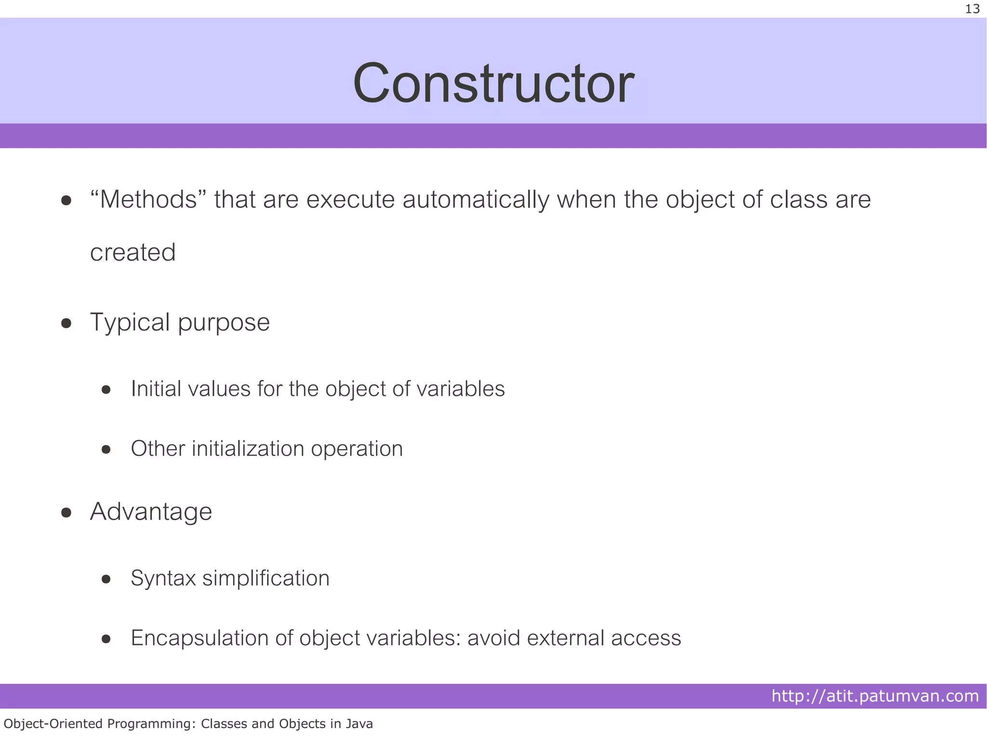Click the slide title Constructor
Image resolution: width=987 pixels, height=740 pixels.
[x=493, y=83]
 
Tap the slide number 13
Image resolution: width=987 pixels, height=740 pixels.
[x=972, y=9]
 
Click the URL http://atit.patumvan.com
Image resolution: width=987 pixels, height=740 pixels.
[x=875, y=696]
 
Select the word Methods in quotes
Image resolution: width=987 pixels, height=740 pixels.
[x=148, y=200]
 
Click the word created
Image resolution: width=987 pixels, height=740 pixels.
[x=133, y=253]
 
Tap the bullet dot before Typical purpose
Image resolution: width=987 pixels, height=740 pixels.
[x=67, y=323]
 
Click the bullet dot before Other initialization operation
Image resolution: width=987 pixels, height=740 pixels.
[x=107, y=449]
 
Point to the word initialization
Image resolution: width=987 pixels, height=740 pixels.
[x=248, y=449]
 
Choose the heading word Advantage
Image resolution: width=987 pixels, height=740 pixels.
[x=151, y=512]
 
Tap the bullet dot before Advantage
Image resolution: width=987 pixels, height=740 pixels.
[x=67, y=512]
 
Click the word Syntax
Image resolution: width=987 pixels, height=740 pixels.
[x=163, y=579]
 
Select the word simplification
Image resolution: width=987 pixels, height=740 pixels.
[x=266, y=578]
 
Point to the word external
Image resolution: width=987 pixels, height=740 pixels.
[x=565, y=638]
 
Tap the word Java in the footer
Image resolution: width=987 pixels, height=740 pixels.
[x=359, y=724]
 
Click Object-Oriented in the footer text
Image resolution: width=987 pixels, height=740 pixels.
[x=53, y=724]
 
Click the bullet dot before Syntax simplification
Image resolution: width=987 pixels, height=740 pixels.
[x=107, y=579]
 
